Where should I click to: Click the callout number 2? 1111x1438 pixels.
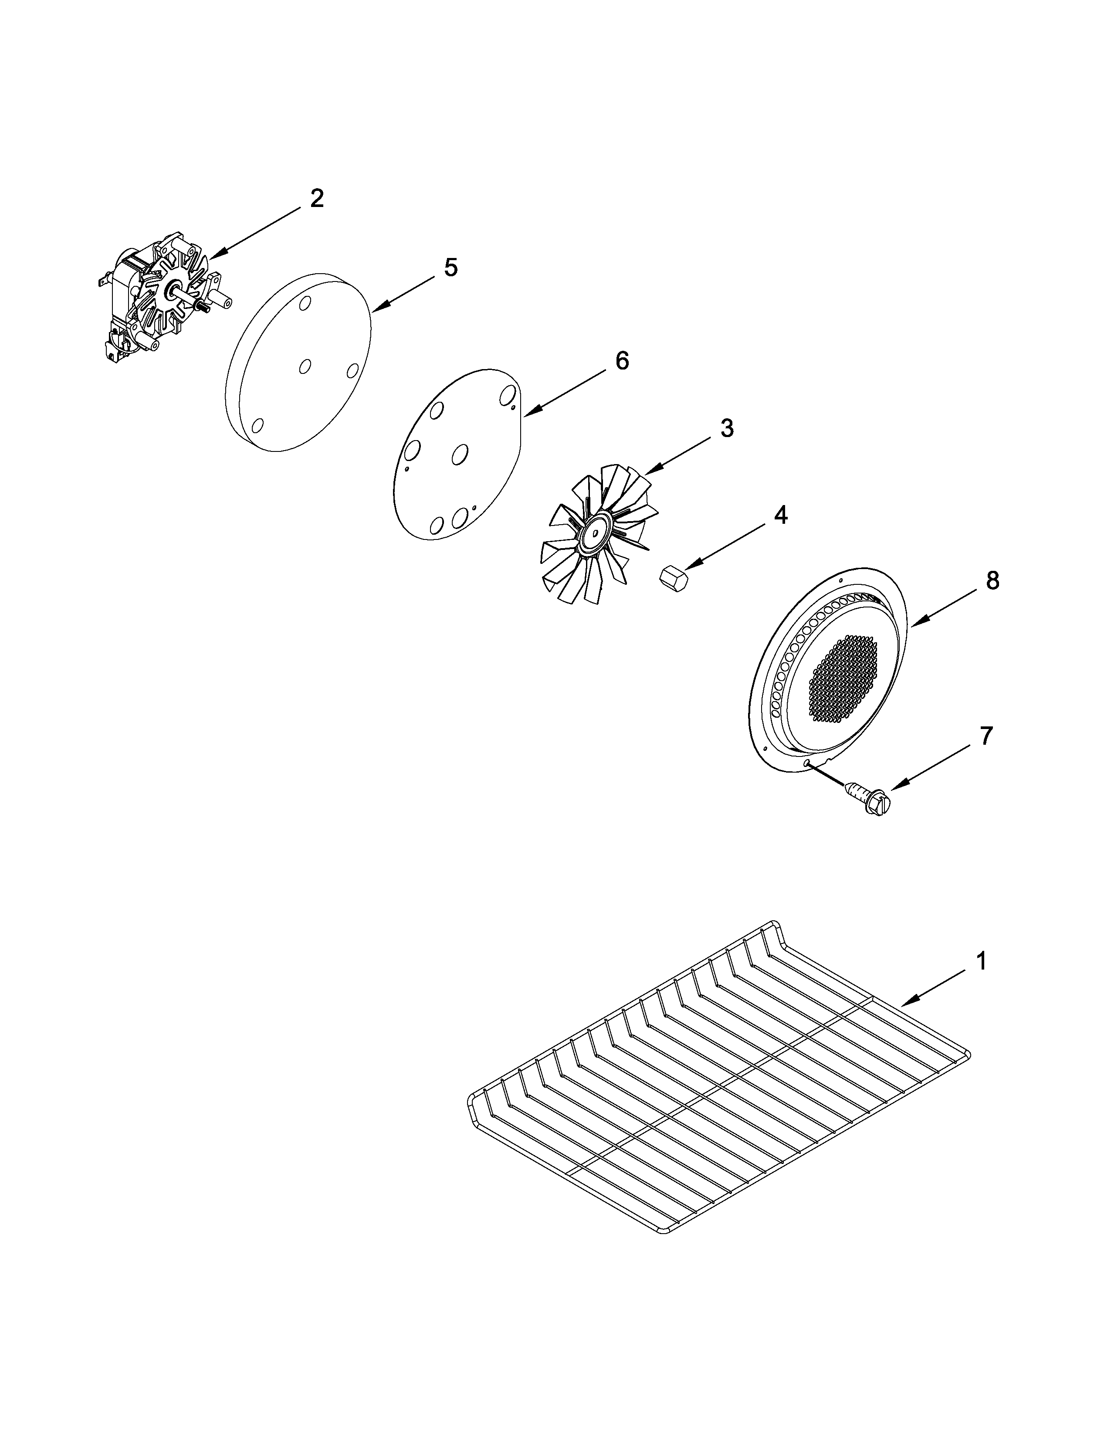pos(317,198)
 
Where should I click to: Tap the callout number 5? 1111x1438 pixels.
pos(450,268)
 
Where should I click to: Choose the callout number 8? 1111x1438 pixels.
pos(992,581)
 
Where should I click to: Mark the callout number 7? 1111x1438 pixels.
pos(985,736)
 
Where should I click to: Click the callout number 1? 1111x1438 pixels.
pos(981,962)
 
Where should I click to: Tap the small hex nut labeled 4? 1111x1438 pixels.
pos(673,580)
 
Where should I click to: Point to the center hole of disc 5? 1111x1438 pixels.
pos(305,366)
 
